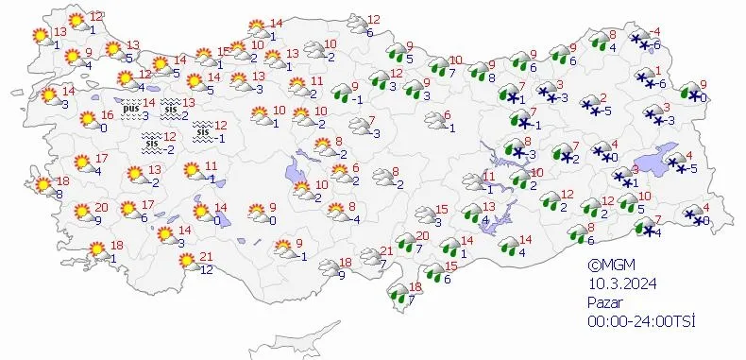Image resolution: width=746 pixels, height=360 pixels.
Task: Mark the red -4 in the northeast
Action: pyautogui.click(x=655, y=32)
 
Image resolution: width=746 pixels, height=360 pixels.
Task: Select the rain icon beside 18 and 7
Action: pyautogui.click(x=399, y=300)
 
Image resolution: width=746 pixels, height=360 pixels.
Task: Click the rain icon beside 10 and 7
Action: pyautogui.click(x=438, y=66)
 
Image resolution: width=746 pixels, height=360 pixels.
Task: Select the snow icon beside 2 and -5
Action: pyautogui.click(x=589, y=106)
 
